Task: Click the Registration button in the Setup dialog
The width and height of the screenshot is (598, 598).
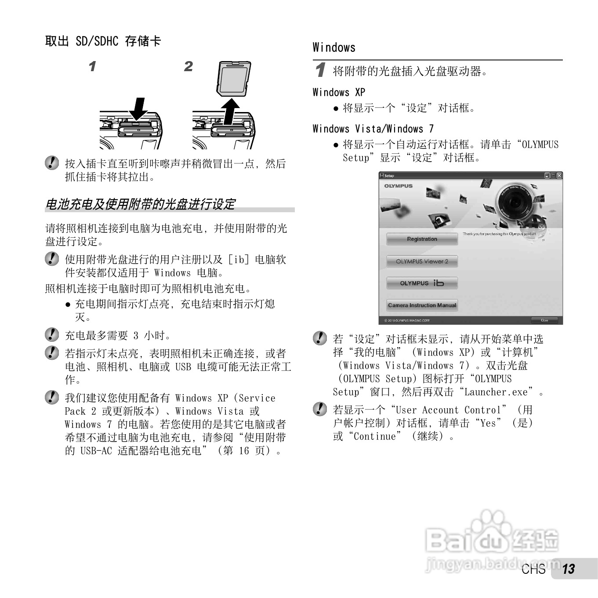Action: pyautogui.click(x=422, y=239)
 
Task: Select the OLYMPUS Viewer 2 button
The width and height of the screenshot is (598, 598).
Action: pyautogui.click(x=422, y=261)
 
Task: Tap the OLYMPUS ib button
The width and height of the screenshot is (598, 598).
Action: pyautogui.click(x=422, y=283)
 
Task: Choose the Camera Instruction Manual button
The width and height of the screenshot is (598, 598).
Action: pyautogui.click(x=422, y=305)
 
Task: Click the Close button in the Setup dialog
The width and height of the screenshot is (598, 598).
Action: pyautogui.click(x=544, y=320)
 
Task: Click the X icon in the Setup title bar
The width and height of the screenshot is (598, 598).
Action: pyautogui.click(x=559, y=175)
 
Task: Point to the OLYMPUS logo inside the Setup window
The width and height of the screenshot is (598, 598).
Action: pyautogui.click(x=399, y=186)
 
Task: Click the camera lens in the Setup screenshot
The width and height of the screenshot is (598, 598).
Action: pyautogui.click(x=514, y=203)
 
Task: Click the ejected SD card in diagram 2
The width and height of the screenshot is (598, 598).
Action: pyautogui.click(x=234, y=78)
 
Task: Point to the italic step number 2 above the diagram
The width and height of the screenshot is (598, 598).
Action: pyautogui.click(x=188, y=66)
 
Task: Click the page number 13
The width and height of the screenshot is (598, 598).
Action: pyautogui.click(x=569, y=569)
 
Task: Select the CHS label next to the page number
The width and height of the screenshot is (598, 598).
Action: pyautogui.click(x=533, y=569)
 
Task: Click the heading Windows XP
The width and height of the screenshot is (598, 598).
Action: pyautogui.click(x=339, y=92)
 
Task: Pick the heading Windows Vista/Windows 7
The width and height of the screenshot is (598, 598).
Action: pyautogui.click(x=373, y=129)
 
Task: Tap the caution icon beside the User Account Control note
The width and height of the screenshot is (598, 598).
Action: pyautogui.click(x=320, y=409)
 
